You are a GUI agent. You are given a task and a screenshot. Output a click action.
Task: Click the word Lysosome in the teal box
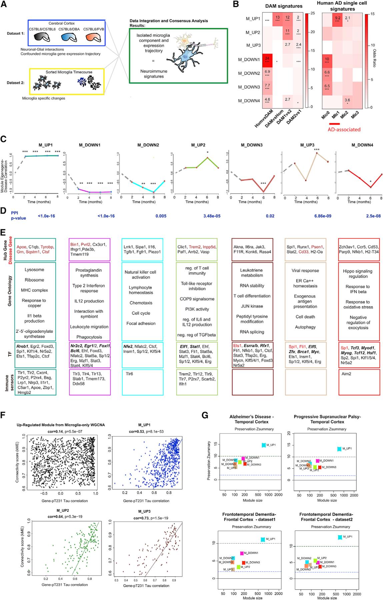(x=34, y=270)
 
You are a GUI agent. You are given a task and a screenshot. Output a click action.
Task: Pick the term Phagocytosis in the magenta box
(x=89, y=337)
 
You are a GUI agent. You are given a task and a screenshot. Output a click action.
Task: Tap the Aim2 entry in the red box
(x=346, y=374)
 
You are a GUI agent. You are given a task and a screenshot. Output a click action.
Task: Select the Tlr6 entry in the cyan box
(x=128, y=374)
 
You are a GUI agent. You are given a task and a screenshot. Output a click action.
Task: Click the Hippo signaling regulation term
(x=358, y=274)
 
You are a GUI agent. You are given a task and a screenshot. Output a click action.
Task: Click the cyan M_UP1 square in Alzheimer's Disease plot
(x=263, y=445)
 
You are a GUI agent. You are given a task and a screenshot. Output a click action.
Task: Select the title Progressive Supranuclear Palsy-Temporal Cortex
(x=327, y=419)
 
